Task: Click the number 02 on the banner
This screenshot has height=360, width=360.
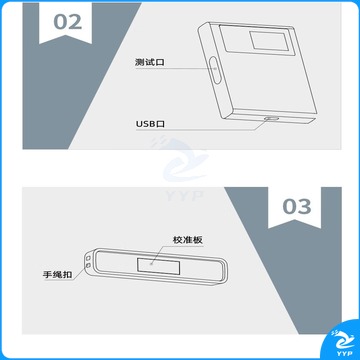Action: click(x=68, y=22)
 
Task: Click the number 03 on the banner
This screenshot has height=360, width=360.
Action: click(x=297, y=207)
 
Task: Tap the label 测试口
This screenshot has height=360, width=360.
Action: click(x=150, y=62)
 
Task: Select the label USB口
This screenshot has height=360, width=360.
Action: click(x=150, y=124)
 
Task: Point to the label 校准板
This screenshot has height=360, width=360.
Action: click(x=188, y=240)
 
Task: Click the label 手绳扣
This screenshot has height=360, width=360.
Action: click(x=57, y=275)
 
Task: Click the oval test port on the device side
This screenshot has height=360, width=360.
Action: click(x=216, y=70)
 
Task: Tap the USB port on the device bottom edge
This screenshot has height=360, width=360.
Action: click(x=272, y=118)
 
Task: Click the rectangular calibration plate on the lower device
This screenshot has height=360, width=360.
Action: click(x=159, y=266)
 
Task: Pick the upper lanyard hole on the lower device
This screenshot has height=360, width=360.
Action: click(x=89, y=258)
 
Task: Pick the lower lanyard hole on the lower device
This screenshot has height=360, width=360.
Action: click(x=89, y=265)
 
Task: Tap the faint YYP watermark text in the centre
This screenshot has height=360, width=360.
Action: click(x=184, y=195)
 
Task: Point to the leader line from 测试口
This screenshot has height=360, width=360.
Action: click(x=176, y=69)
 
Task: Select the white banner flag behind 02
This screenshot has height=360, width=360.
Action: click(x=66, y=23)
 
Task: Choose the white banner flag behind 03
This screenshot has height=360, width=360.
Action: click(x=295, y=208)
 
